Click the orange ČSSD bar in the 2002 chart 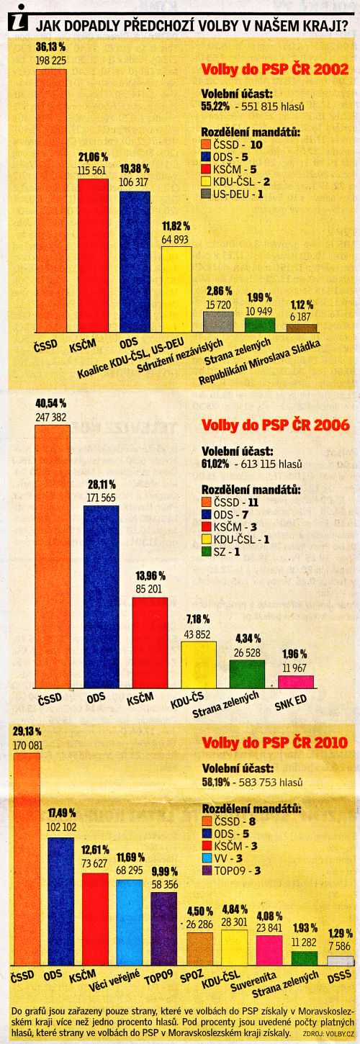click(51, 200)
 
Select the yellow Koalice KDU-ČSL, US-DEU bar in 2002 click(176, 289)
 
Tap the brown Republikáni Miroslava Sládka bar click(302, 328)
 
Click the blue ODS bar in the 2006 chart click(102, 597)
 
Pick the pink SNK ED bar click(296, 681)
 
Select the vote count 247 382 click(51, 417)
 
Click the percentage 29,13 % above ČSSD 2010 click(27, 732)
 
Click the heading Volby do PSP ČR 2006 click(275, 425)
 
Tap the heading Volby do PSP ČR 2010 click(274, 742)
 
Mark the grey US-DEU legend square click(207, 194)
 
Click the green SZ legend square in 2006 click(207, 552)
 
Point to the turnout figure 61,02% click(215, 464)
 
